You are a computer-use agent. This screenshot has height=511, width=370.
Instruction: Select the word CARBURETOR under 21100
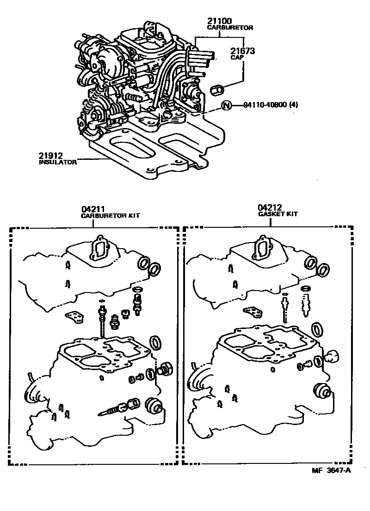point(230,28)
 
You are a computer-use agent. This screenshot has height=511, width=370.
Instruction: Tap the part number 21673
point(242,51)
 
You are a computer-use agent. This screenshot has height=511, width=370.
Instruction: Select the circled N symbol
point(226,105)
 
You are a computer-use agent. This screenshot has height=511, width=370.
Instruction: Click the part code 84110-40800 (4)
point(271,105)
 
